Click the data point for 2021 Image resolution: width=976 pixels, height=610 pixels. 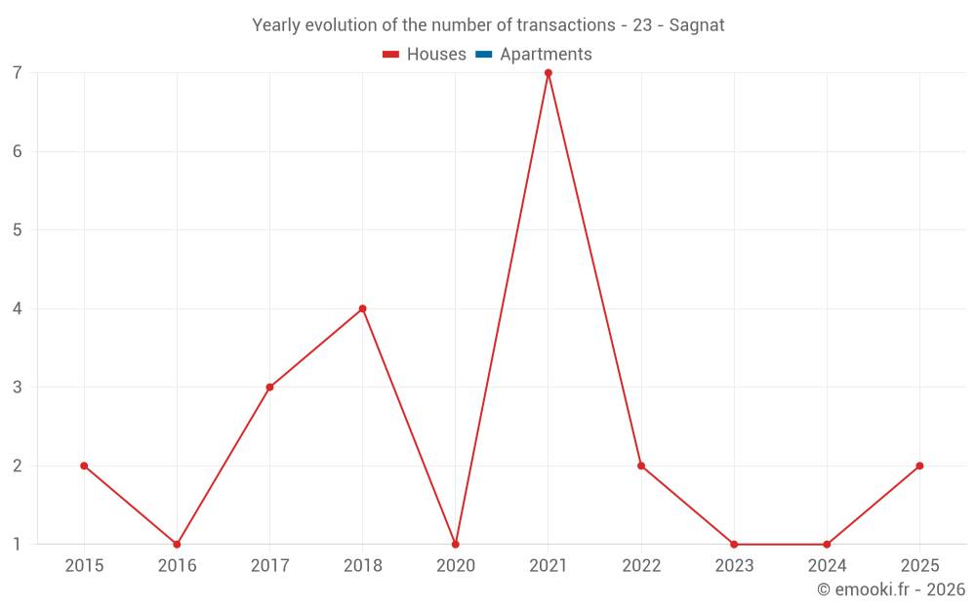tap(549, 73)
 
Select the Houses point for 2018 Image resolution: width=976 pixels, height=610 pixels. tap(363, 308)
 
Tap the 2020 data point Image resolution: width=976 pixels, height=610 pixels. tap(456, 544)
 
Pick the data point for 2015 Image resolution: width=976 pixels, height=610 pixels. tap(84, 466)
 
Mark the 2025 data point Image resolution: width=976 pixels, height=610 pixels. tap(919, 466)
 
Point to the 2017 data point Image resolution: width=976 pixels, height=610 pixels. tap(269, 387)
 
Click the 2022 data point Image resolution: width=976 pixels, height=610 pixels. tap(641, 466)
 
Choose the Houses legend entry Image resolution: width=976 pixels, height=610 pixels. tap(425, 55)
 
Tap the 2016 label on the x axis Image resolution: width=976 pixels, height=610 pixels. tap(177, 566)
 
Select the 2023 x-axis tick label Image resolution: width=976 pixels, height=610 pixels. tap(734, 566)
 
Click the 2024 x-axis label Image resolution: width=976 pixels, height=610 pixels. tap(827, 566)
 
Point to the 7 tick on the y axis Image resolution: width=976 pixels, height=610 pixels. tap(18, 73)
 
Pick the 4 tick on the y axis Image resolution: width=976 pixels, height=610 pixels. tap(18, 308)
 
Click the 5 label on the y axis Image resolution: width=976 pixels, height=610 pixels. tap(18, 230)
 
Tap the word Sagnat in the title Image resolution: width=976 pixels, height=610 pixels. tap(697, 25)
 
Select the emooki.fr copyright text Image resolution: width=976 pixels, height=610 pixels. tap(891, 590)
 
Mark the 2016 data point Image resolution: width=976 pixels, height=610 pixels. tap(177, 544)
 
